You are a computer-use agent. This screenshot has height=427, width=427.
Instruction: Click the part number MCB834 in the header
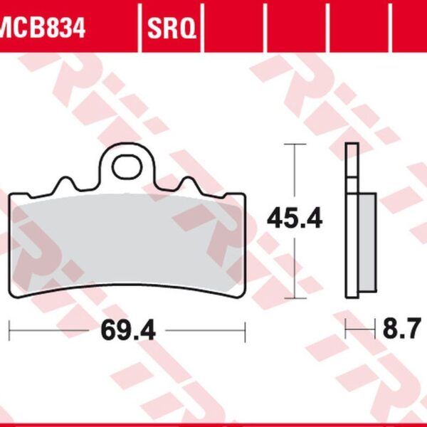(x=43, y=29)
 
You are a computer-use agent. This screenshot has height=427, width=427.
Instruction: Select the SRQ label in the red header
(x=172, y=29)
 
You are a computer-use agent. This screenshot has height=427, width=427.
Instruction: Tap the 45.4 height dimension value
(x=295, y=219)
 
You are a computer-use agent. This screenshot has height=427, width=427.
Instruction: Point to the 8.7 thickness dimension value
(x=401, y=330)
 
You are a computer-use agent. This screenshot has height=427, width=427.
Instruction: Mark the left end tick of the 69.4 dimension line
(x=9, y=330)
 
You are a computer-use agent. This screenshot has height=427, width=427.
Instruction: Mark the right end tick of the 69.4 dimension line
(x=245, y=330)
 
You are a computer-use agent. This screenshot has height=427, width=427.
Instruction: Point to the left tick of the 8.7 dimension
(x=346, y=330)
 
